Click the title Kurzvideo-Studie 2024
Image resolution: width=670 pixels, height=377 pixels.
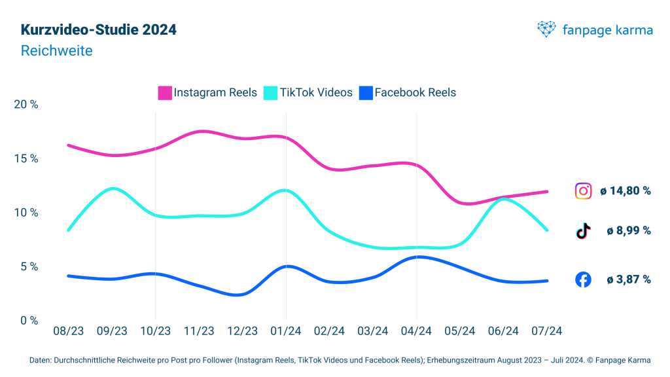point(98,30)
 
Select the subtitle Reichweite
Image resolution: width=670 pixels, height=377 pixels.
point(57,50)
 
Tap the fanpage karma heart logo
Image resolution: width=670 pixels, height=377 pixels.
point(546,29)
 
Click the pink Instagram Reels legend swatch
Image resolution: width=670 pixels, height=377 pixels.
point(165,93)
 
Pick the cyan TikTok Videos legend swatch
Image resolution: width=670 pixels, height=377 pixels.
point(270,93)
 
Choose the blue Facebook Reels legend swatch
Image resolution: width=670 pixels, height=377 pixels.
point(365,93)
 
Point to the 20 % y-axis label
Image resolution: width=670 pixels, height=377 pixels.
point(25,105)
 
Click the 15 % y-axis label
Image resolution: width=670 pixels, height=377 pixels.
point(25,159)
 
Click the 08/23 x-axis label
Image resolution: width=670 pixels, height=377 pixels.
point(68,331)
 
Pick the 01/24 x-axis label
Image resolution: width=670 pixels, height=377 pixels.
point(286,331)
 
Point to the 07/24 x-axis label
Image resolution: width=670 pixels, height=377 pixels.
point(547,331)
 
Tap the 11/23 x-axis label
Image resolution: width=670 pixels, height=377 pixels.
point(199,331)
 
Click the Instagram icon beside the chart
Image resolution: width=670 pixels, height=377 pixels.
point(583,191)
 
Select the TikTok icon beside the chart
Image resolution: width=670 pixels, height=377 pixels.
point(583,231)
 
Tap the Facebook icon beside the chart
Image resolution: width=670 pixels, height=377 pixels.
point(583,279)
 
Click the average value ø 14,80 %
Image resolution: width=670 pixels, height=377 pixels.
point(629,191)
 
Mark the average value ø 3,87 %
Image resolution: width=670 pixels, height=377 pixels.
point(629,279)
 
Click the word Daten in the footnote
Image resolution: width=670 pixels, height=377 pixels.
point(41,361)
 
